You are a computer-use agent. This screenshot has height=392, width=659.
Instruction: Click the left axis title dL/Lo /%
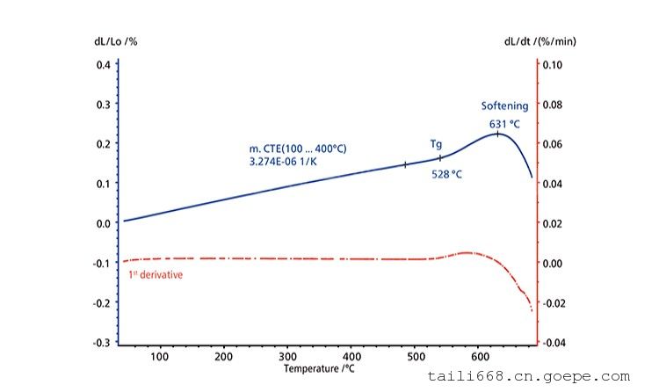click(x=116, y=41)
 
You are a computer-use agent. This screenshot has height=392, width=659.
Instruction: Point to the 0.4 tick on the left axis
click(x=103, y=65)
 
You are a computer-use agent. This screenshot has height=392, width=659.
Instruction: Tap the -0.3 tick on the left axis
click(x=101, y=342)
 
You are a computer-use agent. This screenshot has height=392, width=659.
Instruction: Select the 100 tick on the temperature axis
click(x=159, y=357)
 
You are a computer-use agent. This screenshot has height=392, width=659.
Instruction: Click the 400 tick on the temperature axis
click(x=351, y=357)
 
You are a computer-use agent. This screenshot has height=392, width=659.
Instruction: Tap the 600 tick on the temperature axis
click(x=480, y=357)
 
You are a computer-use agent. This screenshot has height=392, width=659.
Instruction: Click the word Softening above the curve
click(x=504, y=105)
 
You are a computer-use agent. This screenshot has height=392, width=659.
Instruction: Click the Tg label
click(x=436, y=142)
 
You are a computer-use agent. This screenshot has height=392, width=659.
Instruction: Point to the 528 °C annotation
click(x=446, y=174)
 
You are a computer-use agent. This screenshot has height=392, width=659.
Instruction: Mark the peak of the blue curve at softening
click(x=497, y=133)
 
